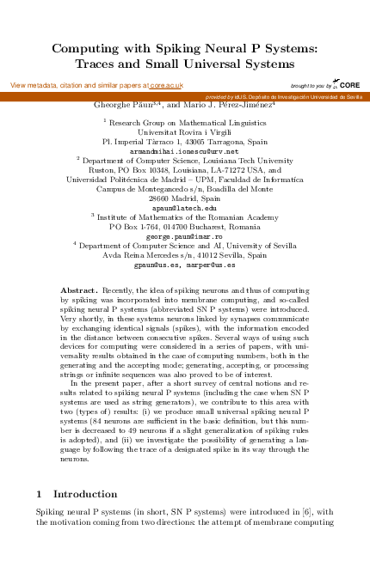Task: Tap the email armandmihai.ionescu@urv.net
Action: pos(184,150)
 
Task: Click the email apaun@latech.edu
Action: pos(184,208)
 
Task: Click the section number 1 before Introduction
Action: pos(39,495)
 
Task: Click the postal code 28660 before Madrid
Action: pos(161,198)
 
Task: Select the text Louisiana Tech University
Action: pos(250,160)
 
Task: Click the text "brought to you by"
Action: pos(311,87)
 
